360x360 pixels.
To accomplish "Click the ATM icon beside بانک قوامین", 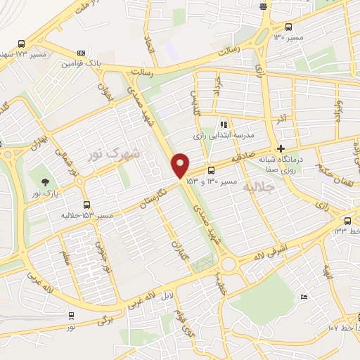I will [82, 53].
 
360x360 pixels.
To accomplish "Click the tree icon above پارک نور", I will [46, 181].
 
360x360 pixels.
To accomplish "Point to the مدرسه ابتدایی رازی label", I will [224, 134].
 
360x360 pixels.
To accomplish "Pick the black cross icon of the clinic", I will [281, 149].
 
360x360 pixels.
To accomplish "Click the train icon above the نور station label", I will [70, 316].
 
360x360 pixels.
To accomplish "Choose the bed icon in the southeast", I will [303, 297].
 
